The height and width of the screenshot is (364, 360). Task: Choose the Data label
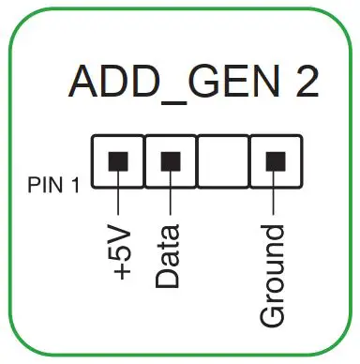click(169, 256)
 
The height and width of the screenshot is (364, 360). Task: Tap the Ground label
click(273, 277)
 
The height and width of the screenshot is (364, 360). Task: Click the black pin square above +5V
click(119, 159)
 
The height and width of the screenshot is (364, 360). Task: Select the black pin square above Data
click(170, 159)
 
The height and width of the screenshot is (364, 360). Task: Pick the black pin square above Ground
click(273, 159)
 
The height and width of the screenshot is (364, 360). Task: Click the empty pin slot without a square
click(221, 159)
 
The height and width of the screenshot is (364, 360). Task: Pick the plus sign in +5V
click(121, 273)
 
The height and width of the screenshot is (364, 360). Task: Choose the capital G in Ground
click(273, 315)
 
